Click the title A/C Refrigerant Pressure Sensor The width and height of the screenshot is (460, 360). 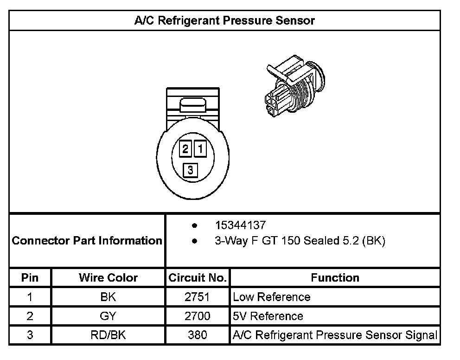coord(224,21)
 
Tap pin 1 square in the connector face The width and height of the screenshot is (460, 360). coord(200,149)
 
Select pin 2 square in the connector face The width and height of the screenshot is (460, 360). coord(185,149)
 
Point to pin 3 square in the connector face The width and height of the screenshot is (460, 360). coord(191,170)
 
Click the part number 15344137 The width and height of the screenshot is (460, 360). coord(240,225)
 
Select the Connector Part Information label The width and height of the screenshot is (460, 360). coord(87,241)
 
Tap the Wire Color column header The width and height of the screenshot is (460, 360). coord(108,278)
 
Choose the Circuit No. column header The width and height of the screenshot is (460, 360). coord(198,278)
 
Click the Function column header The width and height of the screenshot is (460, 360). coord(335,278)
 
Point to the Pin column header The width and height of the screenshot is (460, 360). coord(30,278)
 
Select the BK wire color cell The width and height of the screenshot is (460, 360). coord(108,297)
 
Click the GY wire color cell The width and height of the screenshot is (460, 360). coord(108,316)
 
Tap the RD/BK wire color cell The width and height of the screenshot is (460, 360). coord(108,335)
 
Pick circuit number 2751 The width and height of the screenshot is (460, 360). coord(198,297)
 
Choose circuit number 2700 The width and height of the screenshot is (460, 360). coord(198,316)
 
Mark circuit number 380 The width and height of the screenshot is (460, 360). coord(198,335)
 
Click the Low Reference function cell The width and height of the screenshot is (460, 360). coord(272,297)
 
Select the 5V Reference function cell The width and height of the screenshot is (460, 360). coord(268,316)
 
